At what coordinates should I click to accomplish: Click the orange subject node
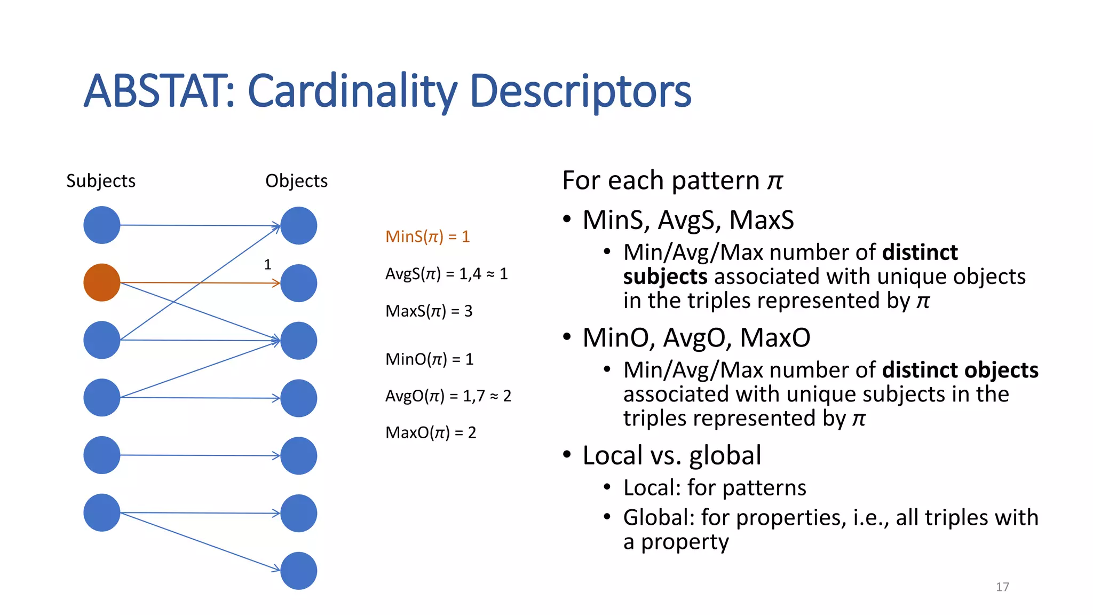[x=101, y=282]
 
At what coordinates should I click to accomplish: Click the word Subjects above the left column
[x=100, y=181]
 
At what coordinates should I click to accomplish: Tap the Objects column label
[x=296, y=181]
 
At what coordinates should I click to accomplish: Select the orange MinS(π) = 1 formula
[x=427, y=236]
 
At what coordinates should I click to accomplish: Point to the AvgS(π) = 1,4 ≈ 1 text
[x=446, y=274]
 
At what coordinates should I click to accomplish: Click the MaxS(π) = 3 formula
[x=429, y=311]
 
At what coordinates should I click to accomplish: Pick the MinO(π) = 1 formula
[x=429, y=359]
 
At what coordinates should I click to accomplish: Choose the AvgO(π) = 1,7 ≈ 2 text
[x=448, y=396]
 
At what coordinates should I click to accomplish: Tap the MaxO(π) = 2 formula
[x=430, y=432]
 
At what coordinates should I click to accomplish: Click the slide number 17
[x=1002, y=587]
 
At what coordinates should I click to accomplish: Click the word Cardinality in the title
[x=352, y=92]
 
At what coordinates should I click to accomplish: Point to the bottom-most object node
[x=298, y=571]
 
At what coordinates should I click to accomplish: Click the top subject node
[x=101, y=225]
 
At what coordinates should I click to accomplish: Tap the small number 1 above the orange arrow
[x=267, y=265]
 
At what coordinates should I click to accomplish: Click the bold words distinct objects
[x=960, y=370]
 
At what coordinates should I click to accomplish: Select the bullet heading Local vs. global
[x=671, y=455]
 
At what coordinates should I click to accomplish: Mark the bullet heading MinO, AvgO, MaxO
[x=696, y=337]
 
